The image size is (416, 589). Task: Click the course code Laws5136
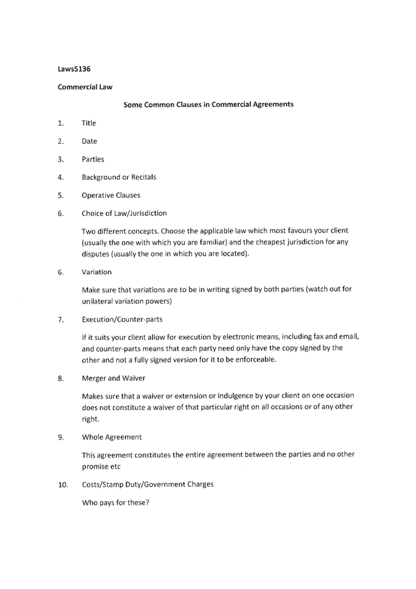74,69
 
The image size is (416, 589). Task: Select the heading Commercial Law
85,87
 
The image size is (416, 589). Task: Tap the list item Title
89,123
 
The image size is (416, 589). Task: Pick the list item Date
89,141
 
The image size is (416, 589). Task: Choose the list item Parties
93,159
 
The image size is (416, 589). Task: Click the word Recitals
144,177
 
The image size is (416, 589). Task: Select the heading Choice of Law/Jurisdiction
124,213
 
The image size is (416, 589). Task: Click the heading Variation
97,272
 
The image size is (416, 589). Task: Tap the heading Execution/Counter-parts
122,320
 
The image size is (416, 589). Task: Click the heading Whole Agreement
112,437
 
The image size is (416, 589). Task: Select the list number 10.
63,485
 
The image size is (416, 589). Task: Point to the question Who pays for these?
115,503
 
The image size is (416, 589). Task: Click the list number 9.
61,438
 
